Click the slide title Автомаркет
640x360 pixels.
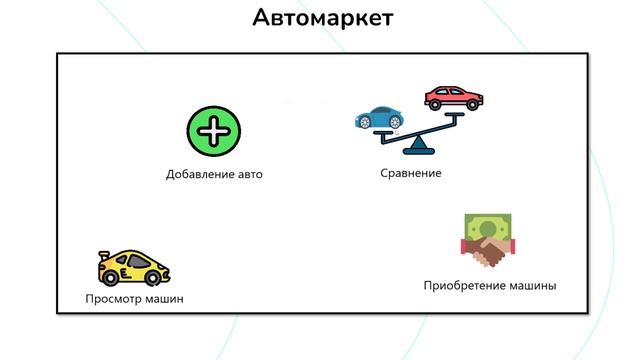(x=322, y=18)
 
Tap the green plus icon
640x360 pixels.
(x=214, y=131)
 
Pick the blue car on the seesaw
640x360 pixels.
(x=376, y=118)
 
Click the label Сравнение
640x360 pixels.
(x=411, y=173)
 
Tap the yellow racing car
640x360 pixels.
(x=133, y=268)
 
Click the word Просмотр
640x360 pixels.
(x=115, y=298)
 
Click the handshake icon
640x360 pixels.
(x=486, y=254)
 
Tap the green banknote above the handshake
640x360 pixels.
(x=488, y=230)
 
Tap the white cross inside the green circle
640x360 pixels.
(x=214, y=131)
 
